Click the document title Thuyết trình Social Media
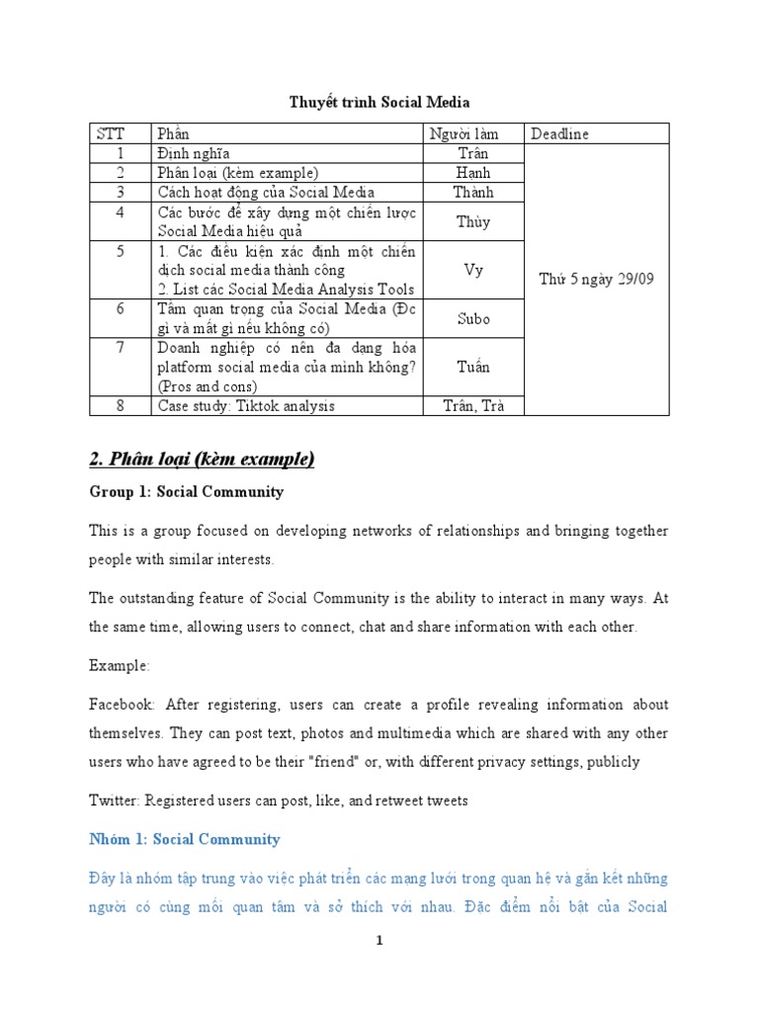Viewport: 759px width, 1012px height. tap(379, 101)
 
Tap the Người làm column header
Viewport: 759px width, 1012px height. tap(463, 133)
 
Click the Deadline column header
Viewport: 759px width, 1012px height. tap(561, 133)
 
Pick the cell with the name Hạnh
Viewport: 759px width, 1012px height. tap(473, 173)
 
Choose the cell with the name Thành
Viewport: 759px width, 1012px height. tap(473, 193)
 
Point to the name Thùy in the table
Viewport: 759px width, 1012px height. tap(473, 222)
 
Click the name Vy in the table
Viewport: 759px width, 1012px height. tap(473, 270)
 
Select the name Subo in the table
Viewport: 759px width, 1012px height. tap(473, 318)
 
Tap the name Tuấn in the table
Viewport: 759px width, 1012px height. tap(473, 367)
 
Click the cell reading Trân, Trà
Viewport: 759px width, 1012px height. tap(473, 405)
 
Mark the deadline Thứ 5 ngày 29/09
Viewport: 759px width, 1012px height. tap(596, 280)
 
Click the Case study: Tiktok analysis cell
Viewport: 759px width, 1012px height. tap(246, 405)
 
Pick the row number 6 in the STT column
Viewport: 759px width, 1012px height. tap(121, 309)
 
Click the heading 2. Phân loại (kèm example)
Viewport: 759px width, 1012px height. tap(202, 458)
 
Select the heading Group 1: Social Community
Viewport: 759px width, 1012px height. tap(186, 491)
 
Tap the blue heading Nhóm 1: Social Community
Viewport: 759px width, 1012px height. tap(185, 839)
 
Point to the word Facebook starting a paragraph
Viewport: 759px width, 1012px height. tap(122, 705)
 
